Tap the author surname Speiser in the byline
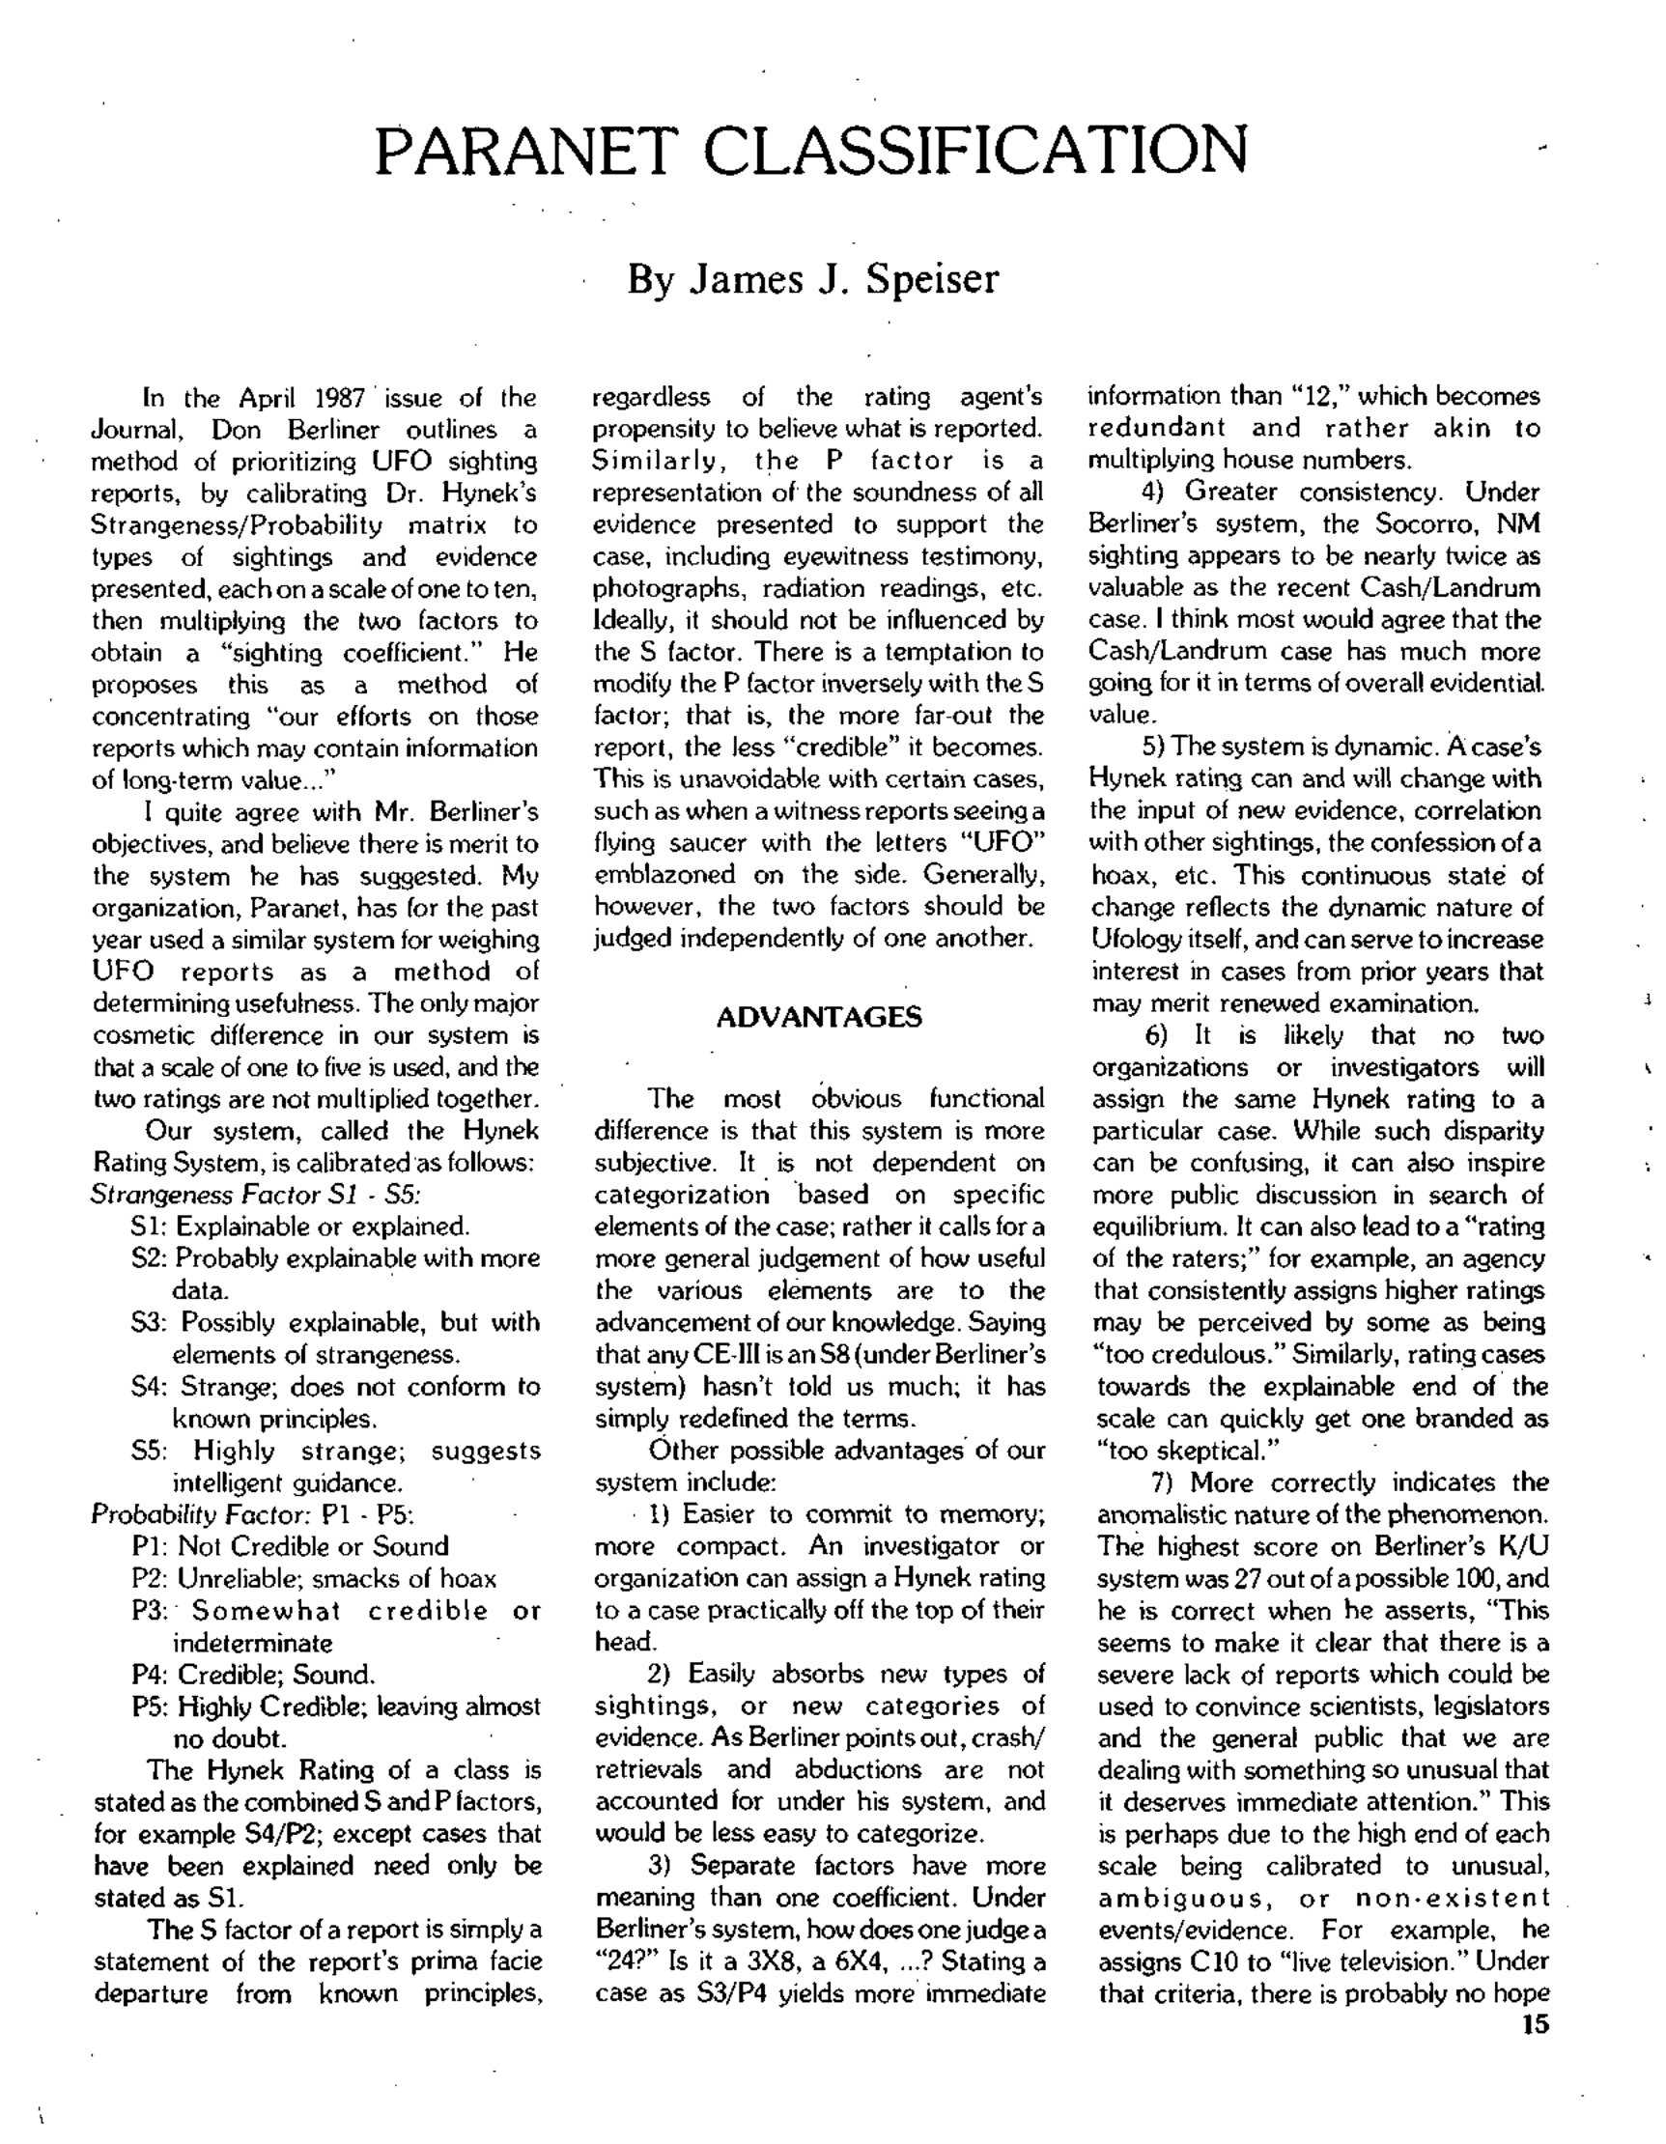(932, 279)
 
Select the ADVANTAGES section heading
(819, 1017)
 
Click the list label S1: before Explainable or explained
(148, 1227)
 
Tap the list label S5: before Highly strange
(150, 1451)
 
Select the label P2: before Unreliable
(151, 1579)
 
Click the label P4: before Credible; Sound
(151, 1675)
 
